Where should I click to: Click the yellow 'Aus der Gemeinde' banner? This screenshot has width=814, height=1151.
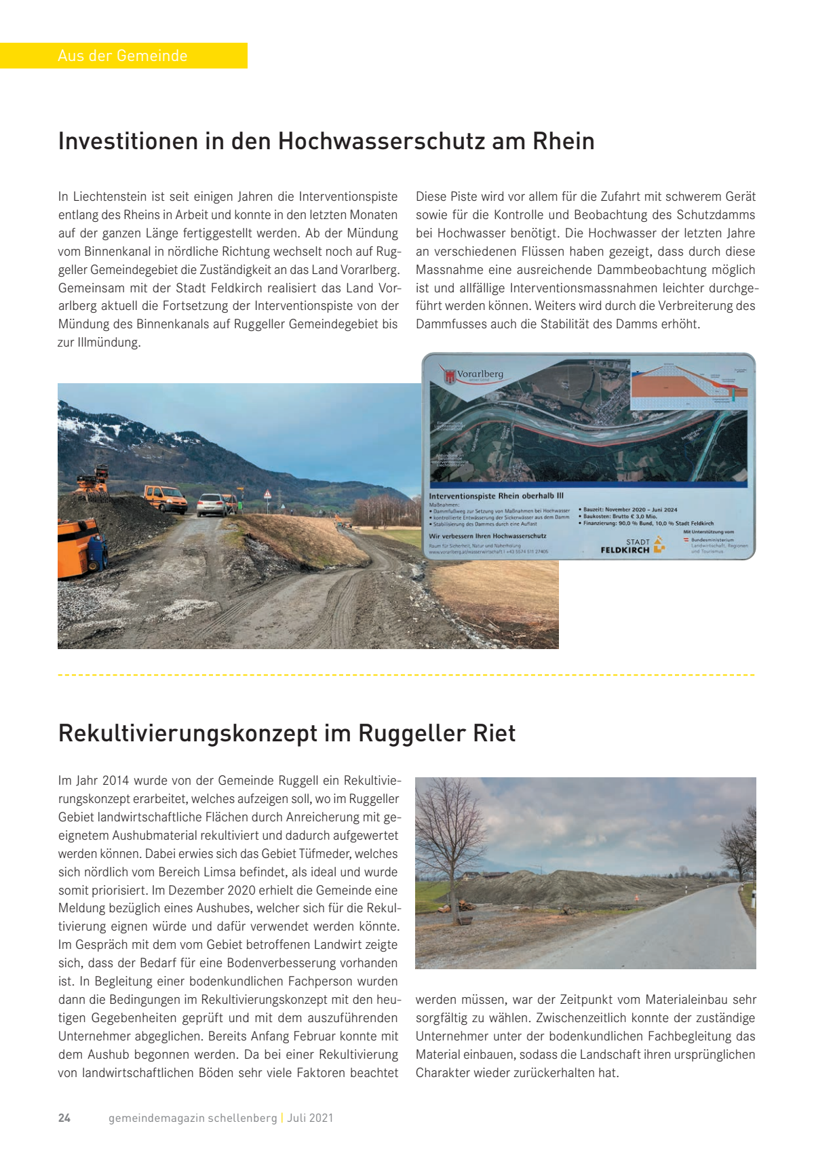coord(123,56)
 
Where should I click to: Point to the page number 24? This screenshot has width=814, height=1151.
coord(64,1118)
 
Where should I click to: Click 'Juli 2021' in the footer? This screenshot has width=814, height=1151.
coord(311,1118)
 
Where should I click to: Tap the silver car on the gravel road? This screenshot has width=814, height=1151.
coord(212,505)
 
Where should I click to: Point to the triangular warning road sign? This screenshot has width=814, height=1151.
coord(268,494)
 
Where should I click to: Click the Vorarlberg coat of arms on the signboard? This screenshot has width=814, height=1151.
coord(448,375)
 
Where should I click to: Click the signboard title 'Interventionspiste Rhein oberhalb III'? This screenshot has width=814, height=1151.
coord(496,496)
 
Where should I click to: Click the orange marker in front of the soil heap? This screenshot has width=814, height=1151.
coord(636,899)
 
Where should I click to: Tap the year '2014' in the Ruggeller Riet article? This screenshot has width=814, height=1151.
coord(115,781)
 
